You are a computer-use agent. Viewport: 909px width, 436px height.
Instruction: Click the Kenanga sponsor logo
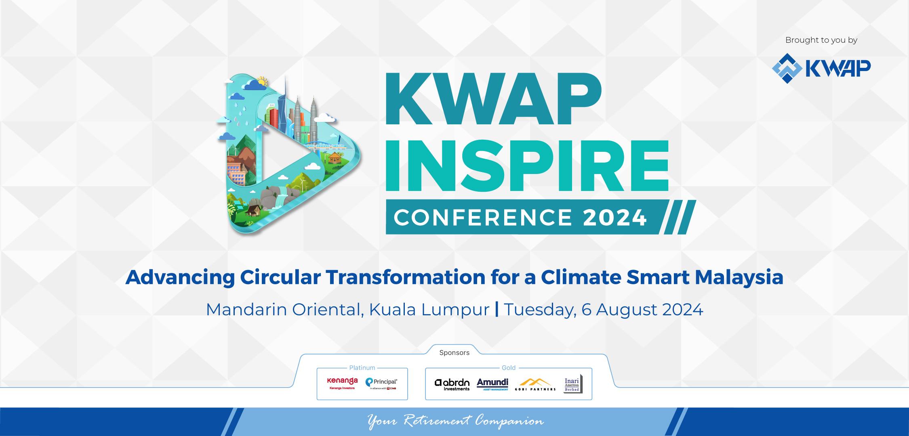pyautogui.click(x=342, y=383)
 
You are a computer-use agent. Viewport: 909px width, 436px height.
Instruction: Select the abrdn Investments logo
pyautogui.click(x=452, y=384)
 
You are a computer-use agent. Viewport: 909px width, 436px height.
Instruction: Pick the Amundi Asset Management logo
pyautogui.click(x=492, y=384)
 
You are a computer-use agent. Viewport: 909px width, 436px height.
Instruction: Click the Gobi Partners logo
pyautogui.click(x=535, y=384)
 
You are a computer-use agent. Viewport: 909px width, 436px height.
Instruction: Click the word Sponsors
pyautogui.click(x=454, y=353)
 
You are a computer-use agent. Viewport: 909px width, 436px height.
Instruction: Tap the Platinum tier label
pyautogui.click(x=362, y=368)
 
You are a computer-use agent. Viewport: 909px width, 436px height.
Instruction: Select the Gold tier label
pyautogui.click(x=508, y=368)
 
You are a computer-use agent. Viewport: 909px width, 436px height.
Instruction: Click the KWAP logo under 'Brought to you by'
pyautogui.click(x=821, y=68)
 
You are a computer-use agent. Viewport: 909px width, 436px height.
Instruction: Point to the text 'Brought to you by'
pyautogui.click(x=821, y=40)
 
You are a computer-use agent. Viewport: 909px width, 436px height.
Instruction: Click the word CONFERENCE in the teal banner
pyautogui.click(x=482, y=218)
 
